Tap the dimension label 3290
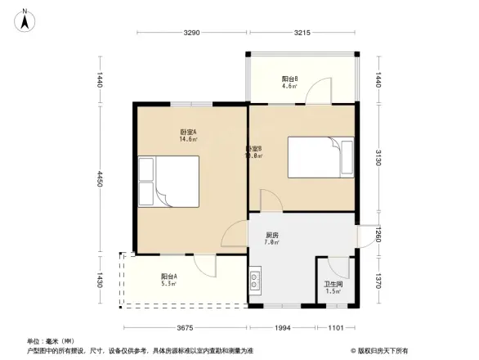pyautogui.click(x=191, y=33)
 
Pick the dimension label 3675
pyautogui.click(x=183, y=327)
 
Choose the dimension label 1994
pyautogui.click(x=281, y=327)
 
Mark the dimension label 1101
pyautogui.click(x=336, y=327)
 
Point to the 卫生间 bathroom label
pyautogui.click(x=333, y=286)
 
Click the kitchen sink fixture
pyautogui.click(x=255, y=282)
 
